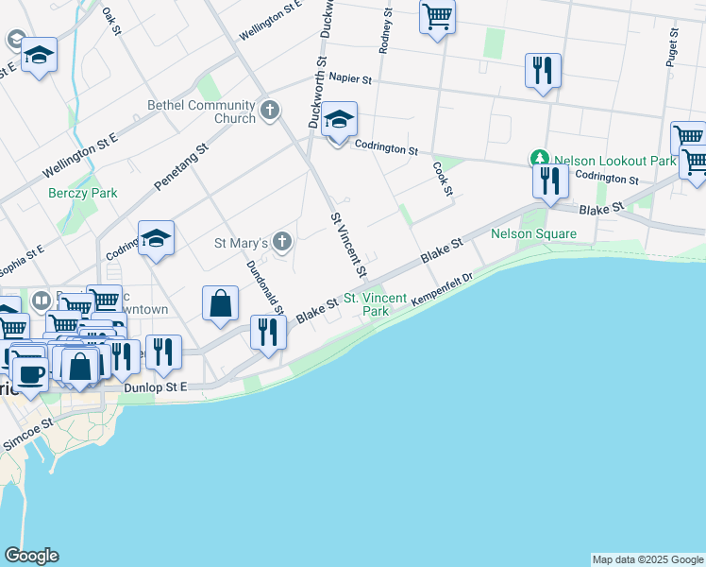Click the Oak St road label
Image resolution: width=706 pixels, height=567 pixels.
[x=112, y=21]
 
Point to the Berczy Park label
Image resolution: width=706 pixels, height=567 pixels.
[x=83, y=193]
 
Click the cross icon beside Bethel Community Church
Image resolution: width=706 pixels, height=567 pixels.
[x=269, y=111]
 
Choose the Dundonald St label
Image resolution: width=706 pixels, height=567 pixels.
[x=265, y=287]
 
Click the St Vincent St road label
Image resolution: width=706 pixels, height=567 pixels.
[x=347, y=244]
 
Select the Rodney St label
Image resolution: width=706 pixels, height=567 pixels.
[x=385, y=30]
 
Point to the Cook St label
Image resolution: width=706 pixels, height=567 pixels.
[x=443, y=178]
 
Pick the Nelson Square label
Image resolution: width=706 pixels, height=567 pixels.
[x=533, y=233]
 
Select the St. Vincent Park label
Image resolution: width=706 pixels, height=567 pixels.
[x=375, y=304]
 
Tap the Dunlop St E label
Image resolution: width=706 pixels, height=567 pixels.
[x=156, y=387]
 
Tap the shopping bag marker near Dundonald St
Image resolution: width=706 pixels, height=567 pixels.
[x=220, y=305]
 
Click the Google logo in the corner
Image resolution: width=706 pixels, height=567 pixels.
[x=31, y=556]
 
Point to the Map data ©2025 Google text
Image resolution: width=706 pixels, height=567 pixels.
[x=647, y=559]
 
